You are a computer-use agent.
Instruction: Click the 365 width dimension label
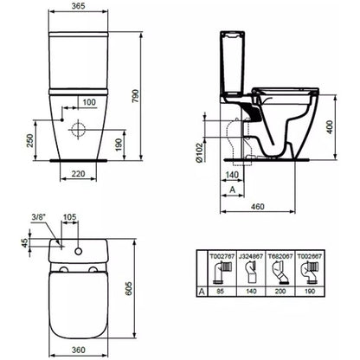click(78, 6)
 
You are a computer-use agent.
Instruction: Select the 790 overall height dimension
click(135, 96)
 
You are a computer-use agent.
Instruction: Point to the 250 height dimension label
click(30, 140)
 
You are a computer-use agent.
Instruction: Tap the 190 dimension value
click(119, 145)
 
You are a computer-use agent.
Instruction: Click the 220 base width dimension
click(78, 174)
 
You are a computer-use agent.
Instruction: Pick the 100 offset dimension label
click(89, 102)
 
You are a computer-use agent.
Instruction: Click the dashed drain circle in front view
click(78, 130)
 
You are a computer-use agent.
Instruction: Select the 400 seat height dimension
click(330, 127)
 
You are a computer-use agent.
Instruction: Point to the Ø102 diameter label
click(198, 152)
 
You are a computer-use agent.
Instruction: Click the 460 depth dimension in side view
click(257, 207)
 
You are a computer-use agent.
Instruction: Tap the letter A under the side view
click(232, 190)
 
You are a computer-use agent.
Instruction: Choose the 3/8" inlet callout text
click(39, 217)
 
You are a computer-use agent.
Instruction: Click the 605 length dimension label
click(129, 288)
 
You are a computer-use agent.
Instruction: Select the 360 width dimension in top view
click(78, 350)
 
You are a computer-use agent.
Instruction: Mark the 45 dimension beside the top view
click(25, 242)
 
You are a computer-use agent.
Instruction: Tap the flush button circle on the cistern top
click(78, 251)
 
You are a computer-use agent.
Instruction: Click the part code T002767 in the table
click(222, 256)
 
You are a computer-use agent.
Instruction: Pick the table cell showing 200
click(280, 292)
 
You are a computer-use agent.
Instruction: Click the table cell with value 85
click(220, 292)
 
